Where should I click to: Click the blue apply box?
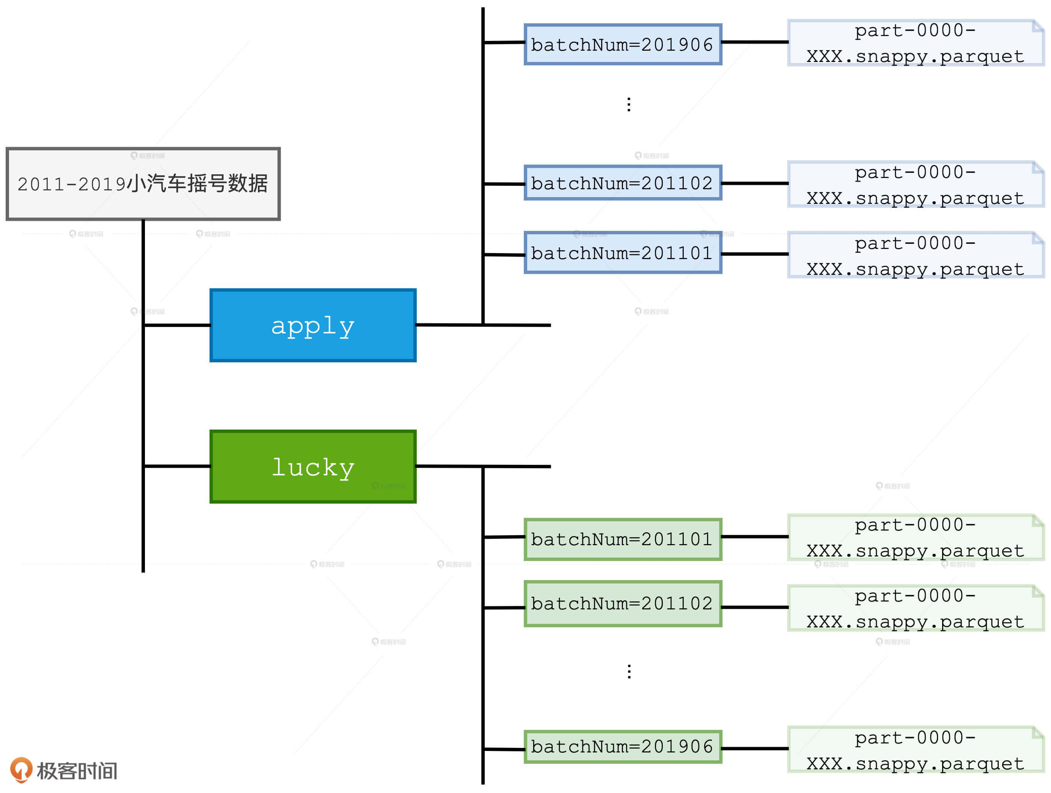point(313,325)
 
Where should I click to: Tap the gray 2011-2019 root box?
point(143,184)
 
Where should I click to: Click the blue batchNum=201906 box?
point(623,44)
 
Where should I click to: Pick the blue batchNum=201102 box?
point(623,183)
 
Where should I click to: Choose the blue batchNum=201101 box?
point(623,253)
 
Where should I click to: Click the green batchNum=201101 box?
point(623,539)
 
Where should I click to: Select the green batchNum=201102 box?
point(623,603)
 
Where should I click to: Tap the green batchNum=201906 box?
point(623,746)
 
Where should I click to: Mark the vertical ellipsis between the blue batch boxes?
point(629,104)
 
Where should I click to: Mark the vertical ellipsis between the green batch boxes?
point(629,671)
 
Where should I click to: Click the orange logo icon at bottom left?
point(21,769)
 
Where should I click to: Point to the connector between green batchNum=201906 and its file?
point(754,748)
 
